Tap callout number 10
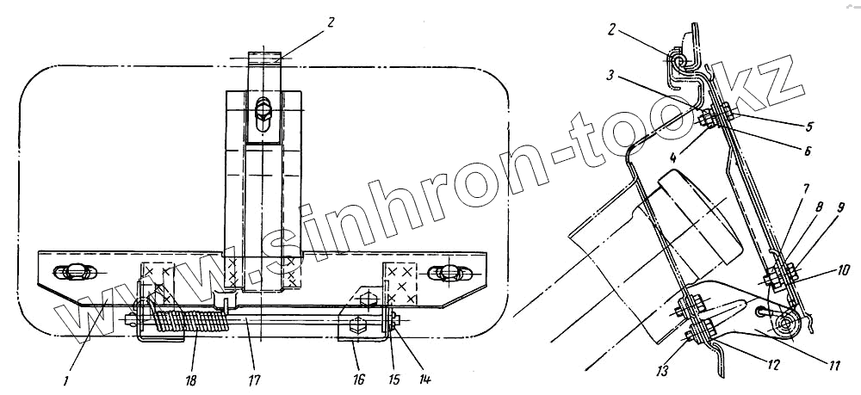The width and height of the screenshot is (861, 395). (843, 269)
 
